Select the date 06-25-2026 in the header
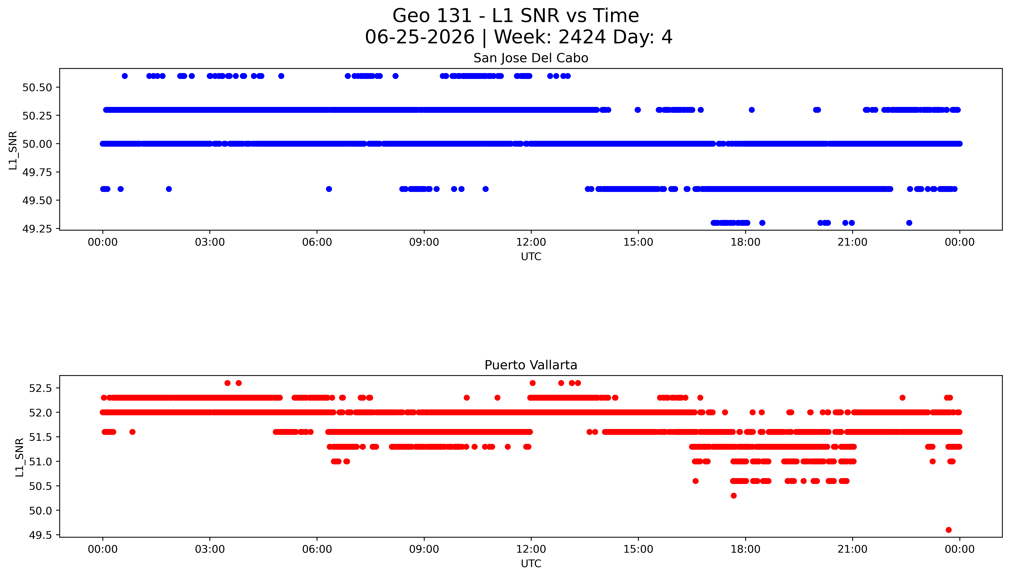pos(420,37)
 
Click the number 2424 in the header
pos(582,37)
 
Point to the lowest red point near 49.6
pos(948,530)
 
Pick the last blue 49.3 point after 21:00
pos(909,223)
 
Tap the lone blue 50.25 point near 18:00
pos(752,110)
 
